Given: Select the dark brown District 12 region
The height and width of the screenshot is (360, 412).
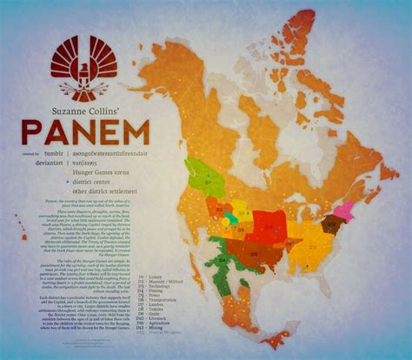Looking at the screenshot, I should click(330, 224).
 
